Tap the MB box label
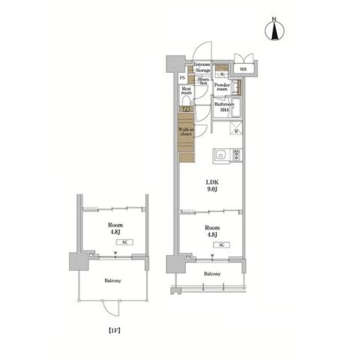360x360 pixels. pos(243,70)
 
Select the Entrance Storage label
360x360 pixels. pos(202,68)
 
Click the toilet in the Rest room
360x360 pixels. pos(186,106)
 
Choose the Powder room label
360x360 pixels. pos(222,87)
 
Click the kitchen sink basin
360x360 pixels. pos(220,155)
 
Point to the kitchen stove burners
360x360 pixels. pos(237,155)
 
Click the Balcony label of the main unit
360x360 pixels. pos(212,274)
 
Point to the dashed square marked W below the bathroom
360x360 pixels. pos(236,131)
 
